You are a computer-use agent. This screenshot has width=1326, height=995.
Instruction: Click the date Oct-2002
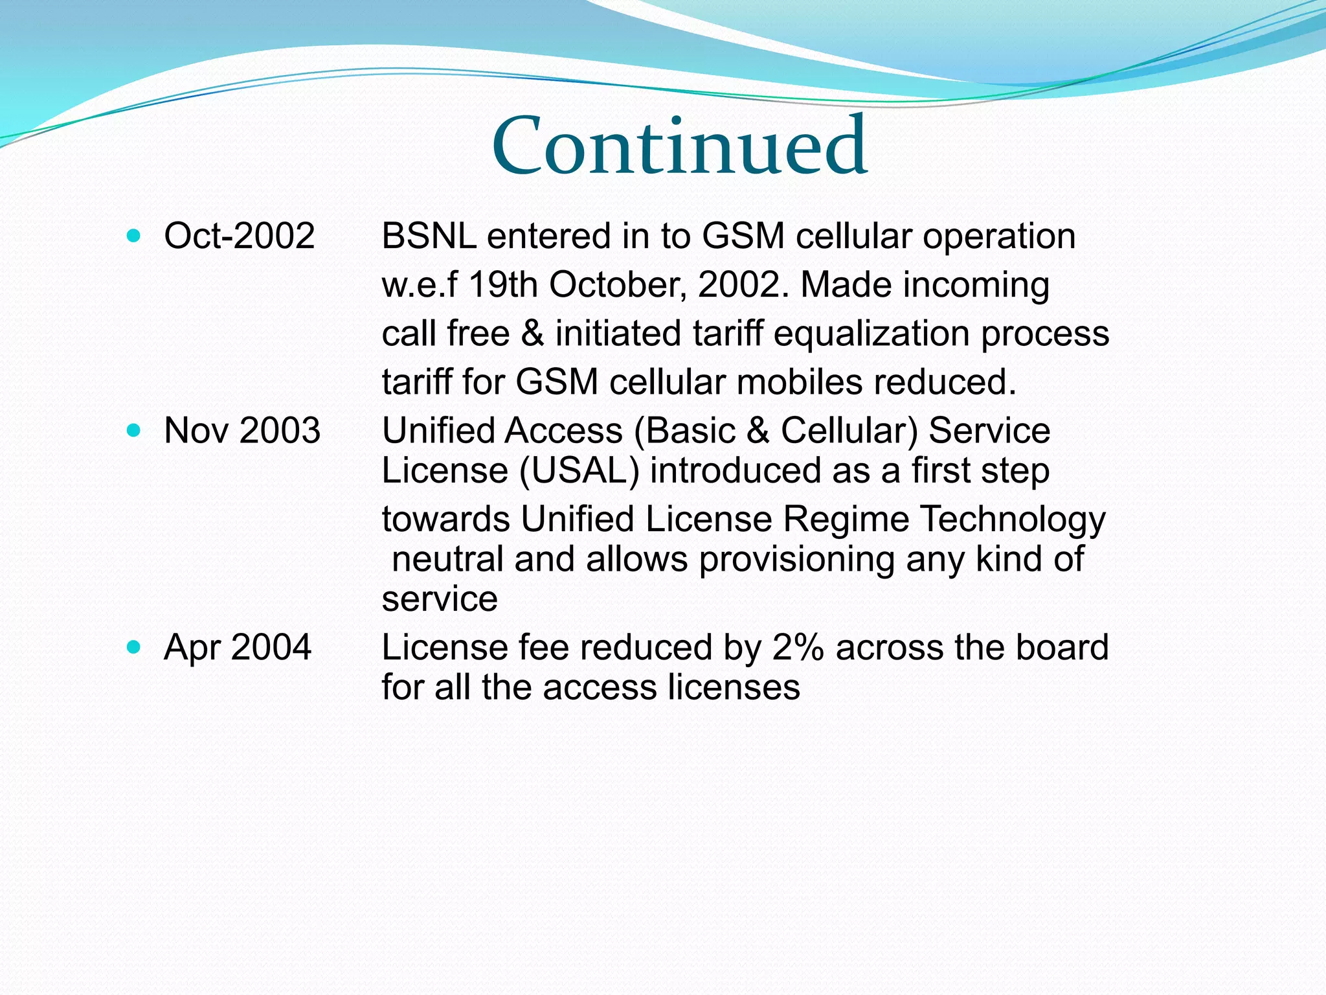pyautogui.click(x=239, y=235)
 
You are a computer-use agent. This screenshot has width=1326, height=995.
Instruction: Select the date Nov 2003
pyautogui.click(x=242, y=430)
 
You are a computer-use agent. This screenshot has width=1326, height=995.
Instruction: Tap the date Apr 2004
pyautogui.click(x=237, y=647)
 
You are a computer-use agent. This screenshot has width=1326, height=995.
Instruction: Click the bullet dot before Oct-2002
pyautogui.click(x=134, y=236)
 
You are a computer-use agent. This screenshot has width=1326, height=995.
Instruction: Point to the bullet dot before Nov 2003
pyautogui.click(x=134, y=431)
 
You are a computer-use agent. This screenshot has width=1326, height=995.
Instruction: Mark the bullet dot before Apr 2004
pyautogui.click(x=134, y=647)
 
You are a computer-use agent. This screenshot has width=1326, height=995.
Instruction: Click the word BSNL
pyautogui.click(x=429, y=236)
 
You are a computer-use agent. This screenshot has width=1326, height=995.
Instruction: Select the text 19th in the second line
pyautogui.click(x=502, y=284)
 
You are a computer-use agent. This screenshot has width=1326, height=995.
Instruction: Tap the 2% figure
pyautogui.click(x=798, y=648)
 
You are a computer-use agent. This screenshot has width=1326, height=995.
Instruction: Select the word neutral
pyautogui.click(x=447, y=560)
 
